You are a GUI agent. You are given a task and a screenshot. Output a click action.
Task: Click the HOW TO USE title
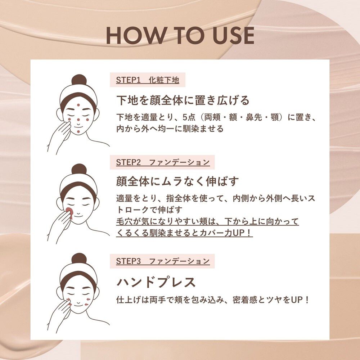(x=180, y=36)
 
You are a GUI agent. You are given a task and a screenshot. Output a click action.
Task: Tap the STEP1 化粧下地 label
(x=147, y=80)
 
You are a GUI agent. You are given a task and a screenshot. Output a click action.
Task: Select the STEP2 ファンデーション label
(x=162, y=162)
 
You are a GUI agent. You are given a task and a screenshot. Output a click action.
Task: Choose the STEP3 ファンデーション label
(x=162, y=261)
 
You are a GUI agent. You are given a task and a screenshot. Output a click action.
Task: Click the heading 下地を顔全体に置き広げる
(x=183, y=100)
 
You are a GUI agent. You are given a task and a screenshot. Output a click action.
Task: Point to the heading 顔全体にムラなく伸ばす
(x=178, y=181)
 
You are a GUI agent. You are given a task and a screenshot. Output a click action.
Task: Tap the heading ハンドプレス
(x=156, y=282)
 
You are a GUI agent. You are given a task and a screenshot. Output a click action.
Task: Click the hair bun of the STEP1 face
(x=79, y=80)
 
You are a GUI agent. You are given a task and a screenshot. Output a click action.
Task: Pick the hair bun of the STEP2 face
(x=79, y=169)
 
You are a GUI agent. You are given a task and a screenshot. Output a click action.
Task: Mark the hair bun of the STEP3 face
(x=79, y=258)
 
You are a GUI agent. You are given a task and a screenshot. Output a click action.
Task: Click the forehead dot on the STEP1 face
(x=78, y=105)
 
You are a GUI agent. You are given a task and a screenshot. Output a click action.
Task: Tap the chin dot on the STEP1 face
(x=78, y=131)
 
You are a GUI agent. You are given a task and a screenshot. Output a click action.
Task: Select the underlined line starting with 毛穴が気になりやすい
(x=207, y=221)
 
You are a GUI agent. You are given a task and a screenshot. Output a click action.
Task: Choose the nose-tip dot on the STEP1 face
(x=78, y=120)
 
